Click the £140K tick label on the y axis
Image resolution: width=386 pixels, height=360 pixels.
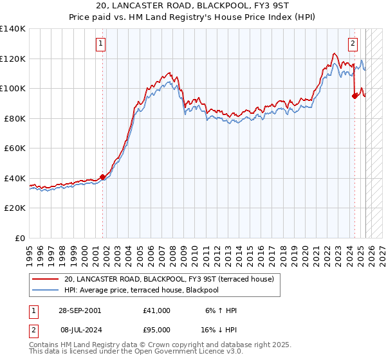point(13,29)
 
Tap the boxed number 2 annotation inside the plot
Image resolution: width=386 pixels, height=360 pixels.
point(353,44)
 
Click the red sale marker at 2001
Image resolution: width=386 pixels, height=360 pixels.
point(102,177)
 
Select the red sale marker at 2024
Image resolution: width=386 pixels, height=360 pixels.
point(354,96)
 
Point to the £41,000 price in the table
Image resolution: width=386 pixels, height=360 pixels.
point(157,310)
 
